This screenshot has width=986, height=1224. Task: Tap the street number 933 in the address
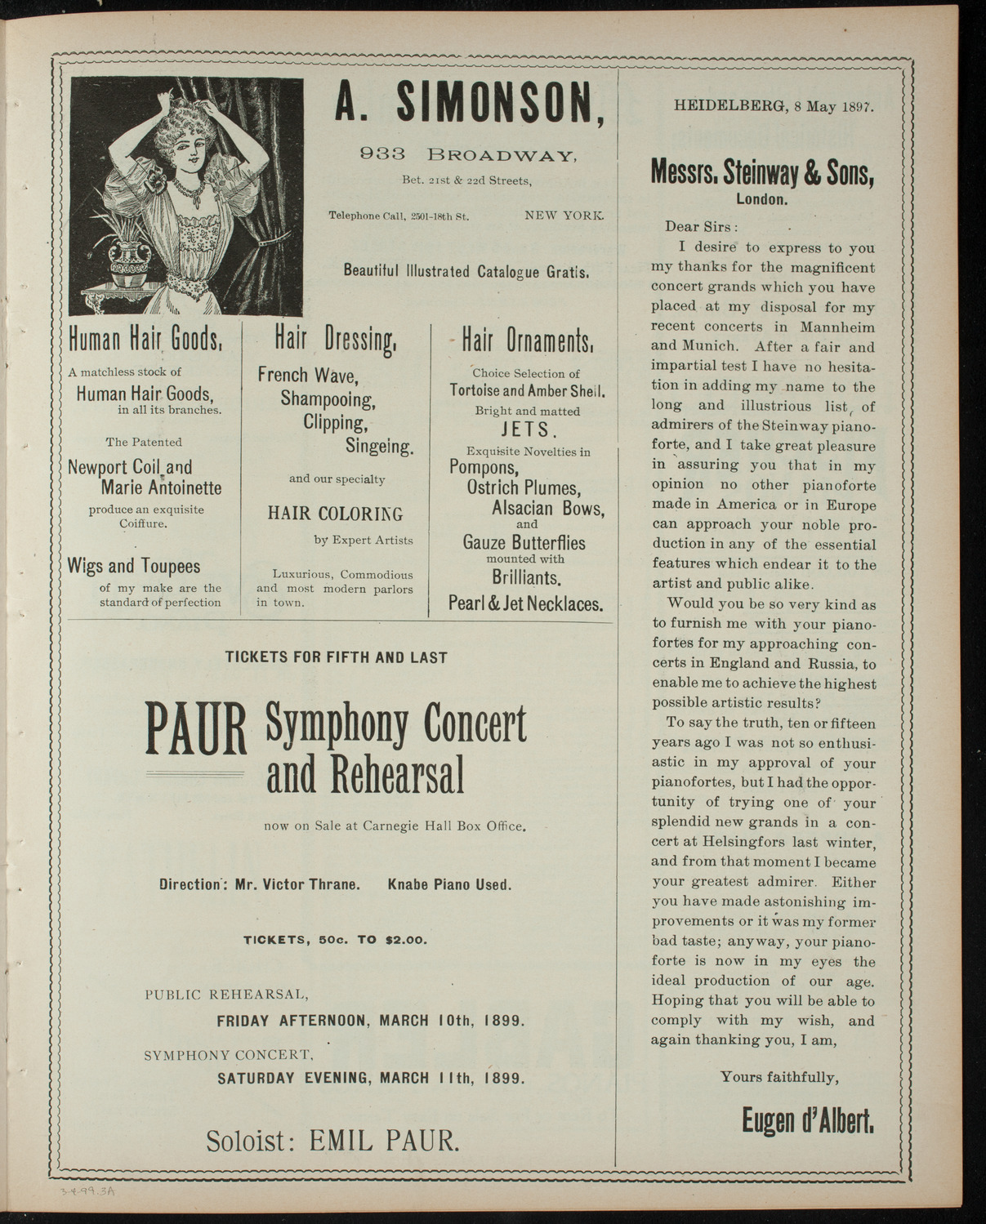pos(380,153)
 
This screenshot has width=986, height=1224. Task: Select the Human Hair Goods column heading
pos(144,339)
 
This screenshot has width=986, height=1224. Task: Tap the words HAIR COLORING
pos(335,514)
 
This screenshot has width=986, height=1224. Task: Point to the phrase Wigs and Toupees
pos(133,566)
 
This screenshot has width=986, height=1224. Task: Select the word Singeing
pos(379,446)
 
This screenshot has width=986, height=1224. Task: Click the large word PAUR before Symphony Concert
pos(196,728)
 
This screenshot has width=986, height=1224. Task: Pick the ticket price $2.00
pos(405,940)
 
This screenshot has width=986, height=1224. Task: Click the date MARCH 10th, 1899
pos(451,1021)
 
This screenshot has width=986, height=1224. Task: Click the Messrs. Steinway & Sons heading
pos(763,172)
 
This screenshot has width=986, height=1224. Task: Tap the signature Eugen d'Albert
pos(808,1120)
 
